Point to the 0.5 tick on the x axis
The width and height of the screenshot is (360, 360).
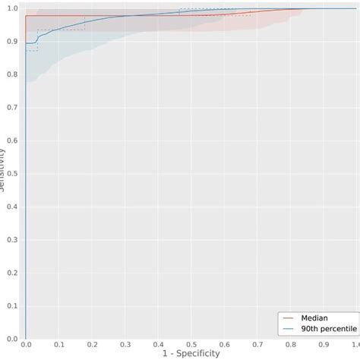(x=191, y=345)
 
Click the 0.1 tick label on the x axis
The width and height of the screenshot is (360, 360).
(x=59, y=345)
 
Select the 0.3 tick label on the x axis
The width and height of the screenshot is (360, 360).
(x=125, y=345)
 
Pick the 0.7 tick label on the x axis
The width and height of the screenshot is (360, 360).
(x=257, y=345)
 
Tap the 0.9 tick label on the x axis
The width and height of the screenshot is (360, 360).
(x=324, y=345)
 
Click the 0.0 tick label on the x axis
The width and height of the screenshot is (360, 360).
(x=26, y=345)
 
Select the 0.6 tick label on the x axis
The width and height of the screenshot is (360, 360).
(x=225, y=345)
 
